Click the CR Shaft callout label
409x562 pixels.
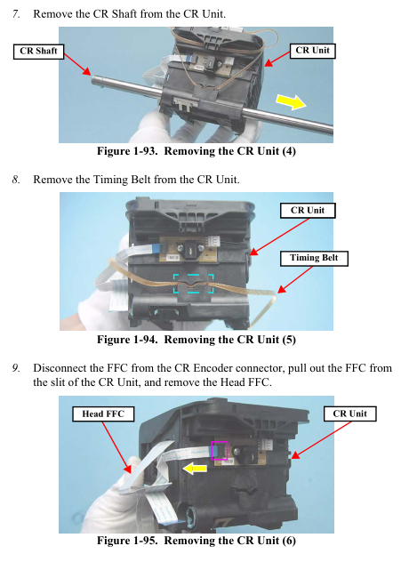pyautogui.click(x=38, y=52)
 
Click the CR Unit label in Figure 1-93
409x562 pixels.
pyautogui.click(x=312, y=51)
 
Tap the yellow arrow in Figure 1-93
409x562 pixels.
pyautogui.click(x=291, y=101)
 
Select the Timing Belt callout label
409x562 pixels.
pyautogui.click(x=314, y=258)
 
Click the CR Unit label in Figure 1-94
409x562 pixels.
pyautogui.click(x=308, y=211)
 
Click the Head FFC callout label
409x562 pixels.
pyautogui.click(x=103, y=414)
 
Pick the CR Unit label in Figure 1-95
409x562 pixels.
pyautogui.click(x=349, y=414)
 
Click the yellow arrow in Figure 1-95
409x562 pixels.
pyautogui.click(x=195, y=469)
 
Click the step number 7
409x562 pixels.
pyautogui.click(x=16, y=14)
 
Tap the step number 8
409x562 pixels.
pyautogui.click(x=16, y=180)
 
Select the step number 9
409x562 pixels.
pyautogui.click(x=16, y=368)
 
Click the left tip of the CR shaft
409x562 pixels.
pyautogui.click(x=92, y=79)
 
